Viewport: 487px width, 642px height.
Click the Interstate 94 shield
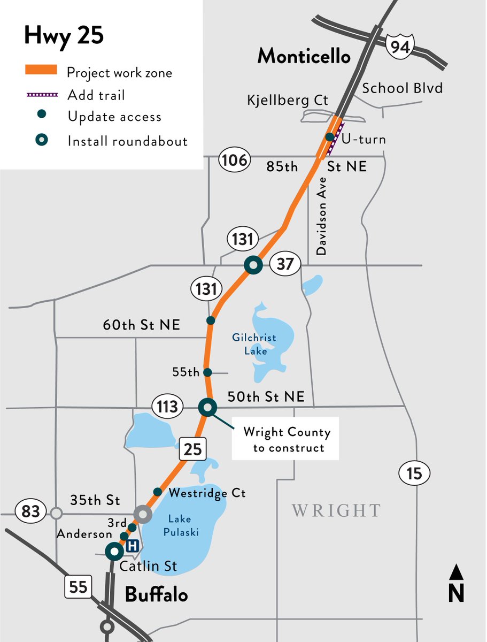pos(400,47)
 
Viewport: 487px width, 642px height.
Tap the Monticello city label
pos(304,56)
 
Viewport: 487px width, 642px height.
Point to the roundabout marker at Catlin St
pos(114,551)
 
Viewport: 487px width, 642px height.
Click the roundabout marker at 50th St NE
pos(207,407)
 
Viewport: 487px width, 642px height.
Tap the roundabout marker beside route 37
pos(252,264)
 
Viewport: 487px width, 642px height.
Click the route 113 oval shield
pos(167,407)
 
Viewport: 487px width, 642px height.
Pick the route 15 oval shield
pos(414,473)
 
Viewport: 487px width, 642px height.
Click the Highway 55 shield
pos(78,587)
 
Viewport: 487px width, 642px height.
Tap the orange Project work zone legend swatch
pos(41,70)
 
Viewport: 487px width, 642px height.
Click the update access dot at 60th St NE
pos(211,320)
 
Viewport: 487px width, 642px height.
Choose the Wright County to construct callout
pos(285,439)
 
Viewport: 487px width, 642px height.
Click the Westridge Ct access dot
pos(157,492)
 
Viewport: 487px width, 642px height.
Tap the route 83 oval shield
pos(30,511)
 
